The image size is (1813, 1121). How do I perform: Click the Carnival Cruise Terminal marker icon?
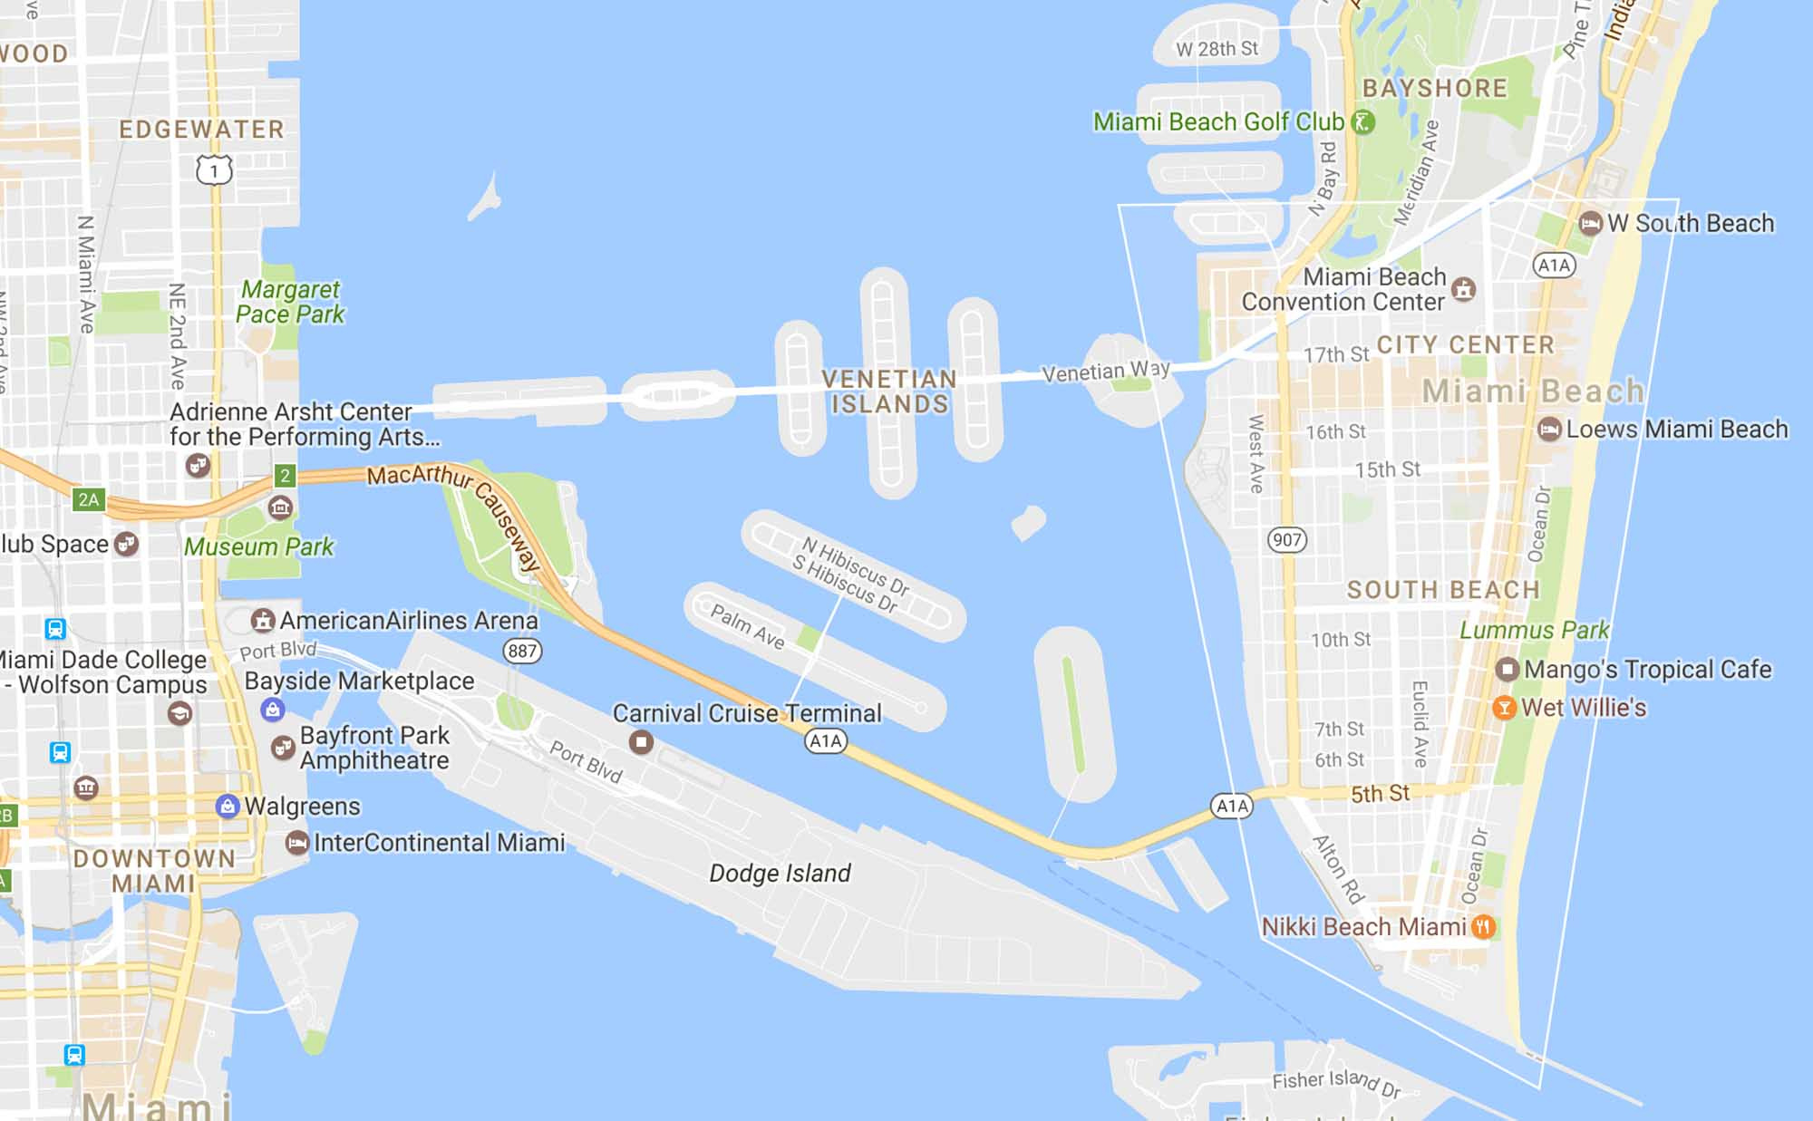[642, 742]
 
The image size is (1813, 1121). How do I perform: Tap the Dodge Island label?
[780, 873]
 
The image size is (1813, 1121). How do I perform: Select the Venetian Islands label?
[889, 391]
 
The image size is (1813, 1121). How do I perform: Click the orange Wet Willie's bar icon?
[1504, 708]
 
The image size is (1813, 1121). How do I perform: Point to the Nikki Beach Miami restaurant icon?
[1483, 926]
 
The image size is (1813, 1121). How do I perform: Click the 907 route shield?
[1286, 541]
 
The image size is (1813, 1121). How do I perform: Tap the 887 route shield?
[522, 651]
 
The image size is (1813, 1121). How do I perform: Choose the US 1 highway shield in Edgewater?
[214, 169]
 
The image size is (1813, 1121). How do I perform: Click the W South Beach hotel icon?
[1590, 223]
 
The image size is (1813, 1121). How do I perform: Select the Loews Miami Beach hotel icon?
[1549, 429]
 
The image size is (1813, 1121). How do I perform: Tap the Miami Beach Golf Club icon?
[1362, 121]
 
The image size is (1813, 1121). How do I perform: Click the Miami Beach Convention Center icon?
[1463, 289]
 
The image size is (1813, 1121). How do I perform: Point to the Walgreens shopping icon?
[228, 806]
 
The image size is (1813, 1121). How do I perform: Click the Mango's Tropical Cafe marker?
[1507, 670]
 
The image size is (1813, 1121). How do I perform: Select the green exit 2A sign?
[89, 499]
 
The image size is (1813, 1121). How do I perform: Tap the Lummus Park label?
[1534, 630]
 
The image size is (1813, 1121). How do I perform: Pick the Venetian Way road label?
[1105, 371]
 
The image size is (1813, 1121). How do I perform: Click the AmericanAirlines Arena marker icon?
[263, 621]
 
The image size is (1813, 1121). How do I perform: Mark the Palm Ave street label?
[747, 626]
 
